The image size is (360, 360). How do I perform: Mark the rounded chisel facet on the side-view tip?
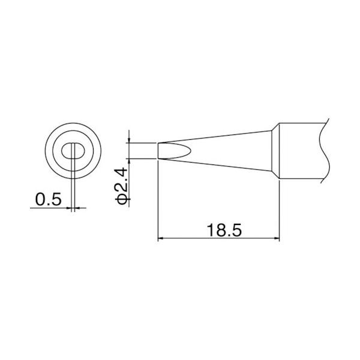[x=174, y=150]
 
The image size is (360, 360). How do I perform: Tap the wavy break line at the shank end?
[x=326, y=150]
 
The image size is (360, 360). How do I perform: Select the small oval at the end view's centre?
[x=73, y=150]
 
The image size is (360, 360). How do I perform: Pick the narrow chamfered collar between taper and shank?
[x=275, y=150]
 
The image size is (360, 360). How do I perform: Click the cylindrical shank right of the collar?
[x=300, y=150]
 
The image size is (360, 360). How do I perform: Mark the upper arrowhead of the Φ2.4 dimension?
[x=130, y=139]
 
